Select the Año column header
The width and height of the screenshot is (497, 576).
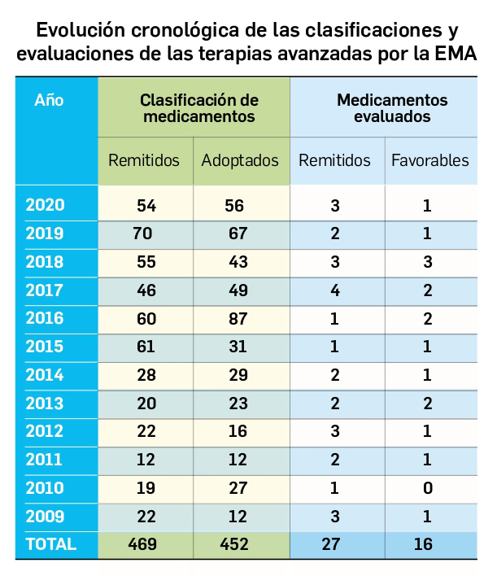[x=49, y=101]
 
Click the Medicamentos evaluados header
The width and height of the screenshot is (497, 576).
[x=392, y=108]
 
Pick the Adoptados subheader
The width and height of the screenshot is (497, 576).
[x=240, y=160]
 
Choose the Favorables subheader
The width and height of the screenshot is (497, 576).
[x=429, y=160]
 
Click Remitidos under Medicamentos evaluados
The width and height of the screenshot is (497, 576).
[x=334, y=160]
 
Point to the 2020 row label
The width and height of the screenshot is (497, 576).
[x=45, y=206]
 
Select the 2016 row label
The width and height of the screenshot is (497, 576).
[x=45, y=319]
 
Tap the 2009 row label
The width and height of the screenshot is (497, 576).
[x=45, y=517]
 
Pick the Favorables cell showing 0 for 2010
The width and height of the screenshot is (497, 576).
[x=427, y=488]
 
